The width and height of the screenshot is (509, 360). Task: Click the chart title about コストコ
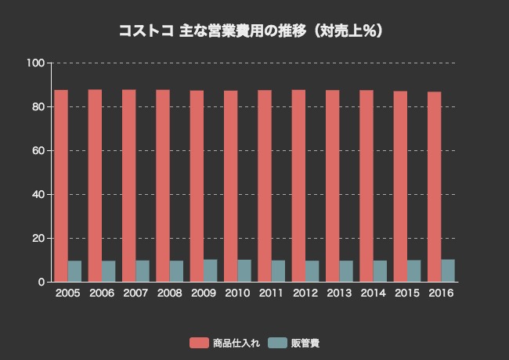coord(251,32)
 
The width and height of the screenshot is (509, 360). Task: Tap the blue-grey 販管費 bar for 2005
coord(74,271)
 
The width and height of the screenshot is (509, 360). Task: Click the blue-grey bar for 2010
coord(244,270)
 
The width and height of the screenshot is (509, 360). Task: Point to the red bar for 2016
coord(435,187)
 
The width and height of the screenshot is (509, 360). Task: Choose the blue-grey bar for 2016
coord(448,270)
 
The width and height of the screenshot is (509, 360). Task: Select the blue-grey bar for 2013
coord(346,271)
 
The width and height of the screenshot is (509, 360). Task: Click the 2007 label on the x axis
coord(135,293)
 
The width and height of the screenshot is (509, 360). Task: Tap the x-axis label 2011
coord(271,293)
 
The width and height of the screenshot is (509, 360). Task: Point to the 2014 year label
coord(373,293)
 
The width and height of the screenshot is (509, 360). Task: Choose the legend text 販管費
coord(305,343)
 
